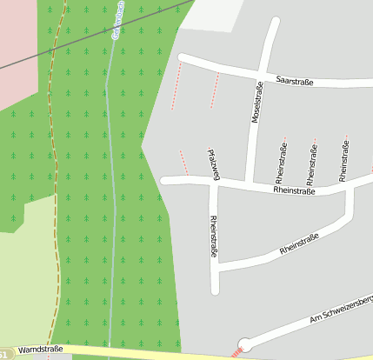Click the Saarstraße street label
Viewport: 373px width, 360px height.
[294, 80]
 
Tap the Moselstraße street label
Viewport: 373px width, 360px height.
[256, 103]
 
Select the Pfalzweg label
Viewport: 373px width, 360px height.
[213, 164]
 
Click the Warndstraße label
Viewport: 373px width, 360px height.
[40, 349]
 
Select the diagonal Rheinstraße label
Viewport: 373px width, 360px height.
[300, 243]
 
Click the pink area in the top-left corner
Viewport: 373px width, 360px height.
[17, 52]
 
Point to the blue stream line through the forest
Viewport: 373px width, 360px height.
[110, 174]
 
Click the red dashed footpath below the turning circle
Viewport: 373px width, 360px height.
[235, 353]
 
